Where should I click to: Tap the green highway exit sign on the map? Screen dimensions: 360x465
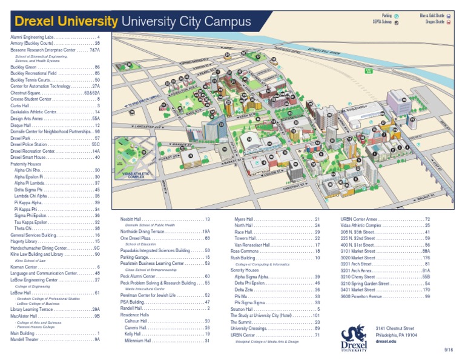(x=369, y=70)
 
